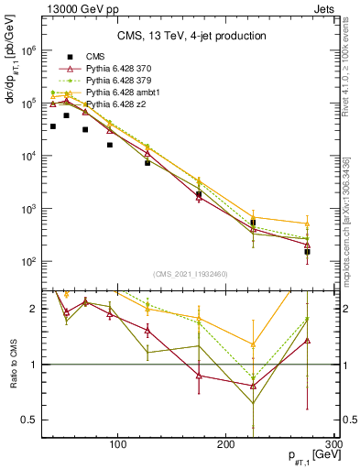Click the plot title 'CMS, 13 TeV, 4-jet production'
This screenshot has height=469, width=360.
click(x=191, y=37)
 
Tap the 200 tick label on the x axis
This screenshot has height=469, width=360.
click(x=226, y=444)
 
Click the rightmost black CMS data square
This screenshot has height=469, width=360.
click(x=307, y=251)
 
